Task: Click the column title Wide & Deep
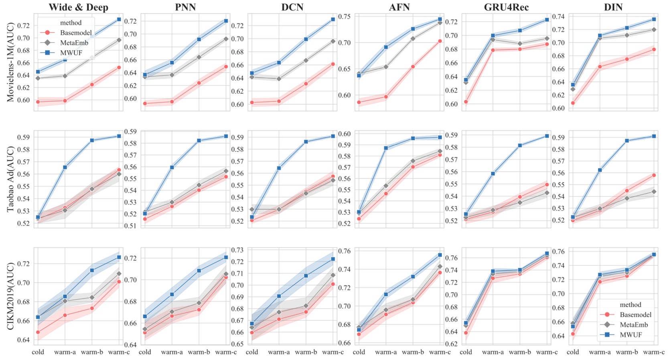pos(78,7)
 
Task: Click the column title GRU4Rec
pos(506,7)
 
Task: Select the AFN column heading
pos(399,7)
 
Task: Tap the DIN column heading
pos(613,7)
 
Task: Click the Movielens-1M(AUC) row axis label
pos(10,62)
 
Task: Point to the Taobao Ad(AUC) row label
pos(10,179)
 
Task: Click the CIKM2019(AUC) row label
pos(10,296)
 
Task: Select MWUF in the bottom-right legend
pos(630,335)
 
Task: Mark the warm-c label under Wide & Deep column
pos(119,352)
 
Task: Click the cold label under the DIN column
pos(573,352)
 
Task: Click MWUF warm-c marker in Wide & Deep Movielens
pos(119,19)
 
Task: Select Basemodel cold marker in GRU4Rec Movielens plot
pos(466,102)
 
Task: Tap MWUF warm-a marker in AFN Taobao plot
pos(386,148)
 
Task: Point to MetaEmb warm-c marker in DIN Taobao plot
pos(654,192)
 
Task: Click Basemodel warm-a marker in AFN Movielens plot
pos(386,97)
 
